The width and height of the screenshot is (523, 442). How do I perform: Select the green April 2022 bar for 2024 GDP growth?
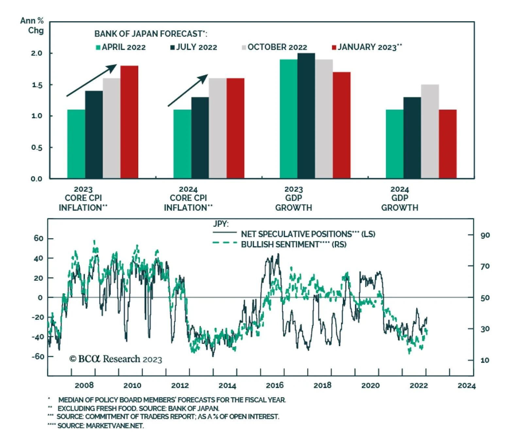pos(394,144)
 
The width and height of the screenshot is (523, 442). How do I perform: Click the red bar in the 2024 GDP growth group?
pos(447,144)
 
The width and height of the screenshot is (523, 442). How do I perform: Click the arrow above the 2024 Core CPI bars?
pos(188,90)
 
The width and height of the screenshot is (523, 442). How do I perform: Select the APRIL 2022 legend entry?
pos(121,47)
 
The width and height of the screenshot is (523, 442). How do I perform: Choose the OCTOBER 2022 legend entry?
pos(274,47)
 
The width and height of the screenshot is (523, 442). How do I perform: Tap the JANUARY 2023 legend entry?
pos(367,47)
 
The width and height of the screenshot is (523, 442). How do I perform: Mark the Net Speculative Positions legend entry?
pos(308,234)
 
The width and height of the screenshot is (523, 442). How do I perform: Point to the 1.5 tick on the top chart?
pos(37,85)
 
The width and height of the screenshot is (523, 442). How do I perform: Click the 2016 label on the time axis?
pos(275,385)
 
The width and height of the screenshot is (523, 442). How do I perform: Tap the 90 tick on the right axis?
pos(485,235)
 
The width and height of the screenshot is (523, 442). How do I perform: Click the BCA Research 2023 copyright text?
pos(116,359)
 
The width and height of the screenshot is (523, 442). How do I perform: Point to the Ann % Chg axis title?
pos(32,26)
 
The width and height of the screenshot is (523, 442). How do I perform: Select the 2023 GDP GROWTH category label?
pos(294,198)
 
